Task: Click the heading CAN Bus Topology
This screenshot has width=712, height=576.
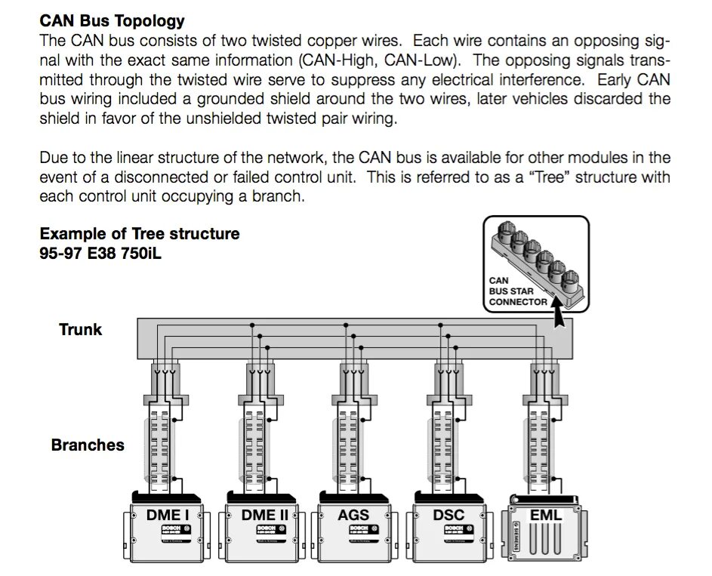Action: (112, 21)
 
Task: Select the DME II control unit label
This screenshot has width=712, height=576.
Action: (258, 516)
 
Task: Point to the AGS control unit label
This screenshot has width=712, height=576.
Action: (353, 516)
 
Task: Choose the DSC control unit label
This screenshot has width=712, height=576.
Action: (448, 516)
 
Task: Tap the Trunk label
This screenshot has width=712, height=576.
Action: (80, 330)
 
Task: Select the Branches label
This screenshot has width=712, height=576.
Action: (88, 445)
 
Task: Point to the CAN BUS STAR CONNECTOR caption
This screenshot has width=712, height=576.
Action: (517, 291)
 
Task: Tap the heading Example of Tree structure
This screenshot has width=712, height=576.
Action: (140, 234)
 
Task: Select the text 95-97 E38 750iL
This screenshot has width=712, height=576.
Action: (100, 253)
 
